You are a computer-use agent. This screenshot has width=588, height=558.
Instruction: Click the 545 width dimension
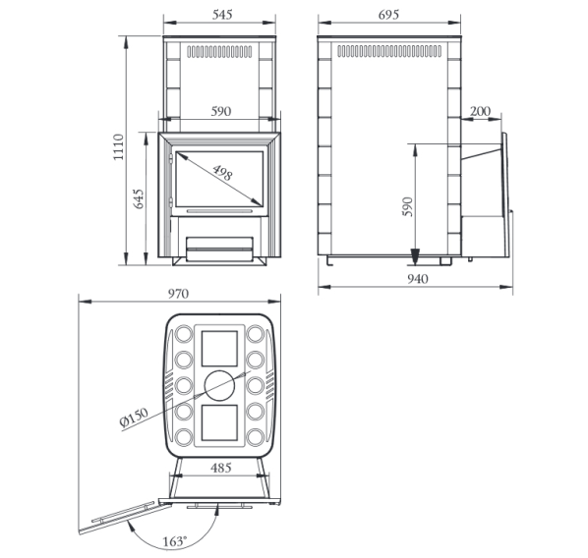click(222, 15)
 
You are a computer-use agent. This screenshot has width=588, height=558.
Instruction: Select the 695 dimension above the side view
click(388, 15)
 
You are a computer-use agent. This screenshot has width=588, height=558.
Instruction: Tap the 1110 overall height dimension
click(119, 147)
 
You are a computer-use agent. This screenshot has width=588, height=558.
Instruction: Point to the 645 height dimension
click(139, 199)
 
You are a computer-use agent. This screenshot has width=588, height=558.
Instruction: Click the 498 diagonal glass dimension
click(222, 173)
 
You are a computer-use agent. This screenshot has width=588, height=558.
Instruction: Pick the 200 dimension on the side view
click(480, 111)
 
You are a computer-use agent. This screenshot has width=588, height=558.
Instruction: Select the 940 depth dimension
click(417, 279)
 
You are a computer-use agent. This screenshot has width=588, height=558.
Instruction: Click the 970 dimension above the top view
click(178, 294)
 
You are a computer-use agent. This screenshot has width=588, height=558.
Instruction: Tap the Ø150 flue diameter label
click(134, 418)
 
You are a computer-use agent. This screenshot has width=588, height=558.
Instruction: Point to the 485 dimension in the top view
click(221, 468)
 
